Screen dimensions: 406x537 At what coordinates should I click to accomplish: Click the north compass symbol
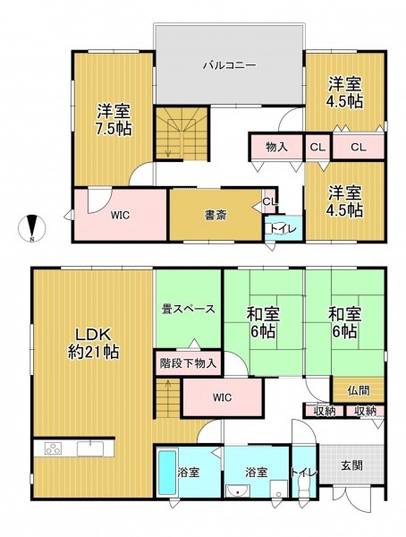pyautogui.click(x=31, y=227)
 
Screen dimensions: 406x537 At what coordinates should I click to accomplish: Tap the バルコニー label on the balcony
pyautogui.click(x=230, y=64)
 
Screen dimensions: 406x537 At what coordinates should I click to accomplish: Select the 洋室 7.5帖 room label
pyautogui.click(x=114, y=119)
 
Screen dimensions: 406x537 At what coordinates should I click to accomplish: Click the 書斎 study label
pyautogui.click(x=216, y=216)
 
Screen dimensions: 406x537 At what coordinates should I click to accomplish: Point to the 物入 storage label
pyautogui.click(x=276, y=148)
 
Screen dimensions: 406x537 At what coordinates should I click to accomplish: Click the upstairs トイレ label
pyautogui.click(x=283, y=228)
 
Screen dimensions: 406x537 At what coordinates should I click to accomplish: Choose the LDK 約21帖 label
pyautogui.click(x=93, y=343)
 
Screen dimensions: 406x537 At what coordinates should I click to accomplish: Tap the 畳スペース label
pyautogui.click(x=189, y=309)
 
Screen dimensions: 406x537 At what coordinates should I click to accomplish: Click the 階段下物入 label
pyautogui.click(x=189, y=363)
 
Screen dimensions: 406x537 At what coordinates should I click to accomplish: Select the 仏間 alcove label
pyautogui.click(x=359, y=390)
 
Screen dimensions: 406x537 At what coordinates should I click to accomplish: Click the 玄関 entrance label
pyautogui.click(x=351, y=465)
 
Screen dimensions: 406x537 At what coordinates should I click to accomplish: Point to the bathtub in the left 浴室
pyautogui.click(x=167, y=473)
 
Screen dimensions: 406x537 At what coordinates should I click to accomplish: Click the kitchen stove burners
pyautogui.click(x=53, y=448)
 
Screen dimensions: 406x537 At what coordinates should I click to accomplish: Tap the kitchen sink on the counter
pyautogui.click(x=90, y=448)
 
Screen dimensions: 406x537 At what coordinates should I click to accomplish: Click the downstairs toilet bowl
pyautogui.click(x=303, y=486)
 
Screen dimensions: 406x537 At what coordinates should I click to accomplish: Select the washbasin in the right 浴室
pyautogui.click(x=239, y=490)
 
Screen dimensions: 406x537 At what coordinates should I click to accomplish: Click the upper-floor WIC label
pyautogui.click(x=120, y=216)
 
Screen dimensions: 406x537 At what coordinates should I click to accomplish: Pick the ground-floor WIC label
pyautogui.click(x=222, y=397)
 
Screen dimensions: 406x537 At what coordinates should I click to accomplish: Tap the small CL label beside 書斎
pyautogui.click(x=269, y=201)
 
